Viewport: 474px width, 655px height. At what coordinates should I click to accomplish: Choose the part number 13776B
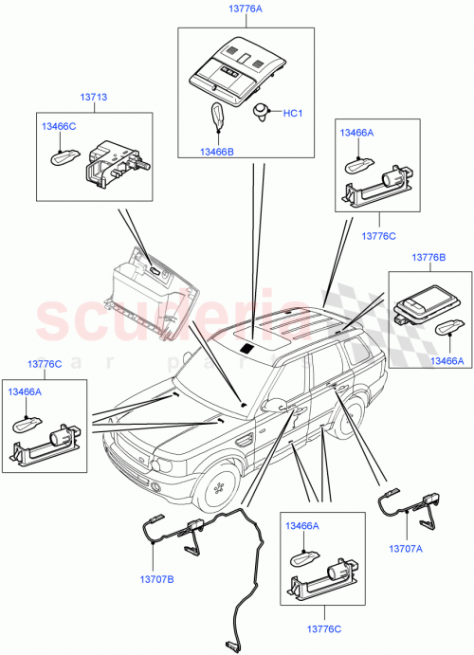pos(430,257)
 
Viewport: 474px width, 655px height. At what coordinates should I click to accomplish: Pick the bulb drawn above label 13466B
pos(215,120)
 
